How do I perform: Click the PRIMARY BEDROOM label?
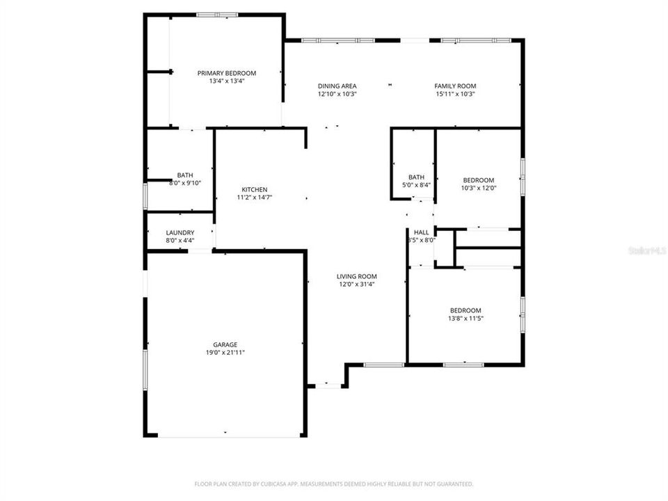[x=227, y=73]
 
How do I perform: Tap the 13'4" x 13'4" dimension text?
[x=227, y=81]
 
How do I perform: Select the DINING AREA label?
[x=337, y=86]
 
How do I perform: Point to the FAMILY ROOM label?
[x=456, y=86]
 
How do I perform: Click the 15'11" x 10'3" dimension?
[x=456, y=94]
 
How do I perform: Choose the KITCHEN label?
[x=254, y=190]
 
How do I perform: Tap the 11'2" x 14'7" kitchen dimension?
[x=254, y=198]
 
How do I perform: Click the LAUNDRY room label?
[x=180, y=232]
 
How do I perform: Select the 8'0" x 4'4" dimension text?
[x=180, y=241]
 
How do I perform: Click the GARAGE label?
[x=225, y=344]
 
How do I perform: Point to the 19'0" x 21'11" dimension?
[x=225, y=353]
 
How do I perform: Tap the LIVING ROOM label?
[x=357, y=276]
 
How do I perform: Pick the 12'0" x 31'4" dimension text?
[x=357, y=285]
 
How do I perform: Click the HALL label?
[x=422, y=232]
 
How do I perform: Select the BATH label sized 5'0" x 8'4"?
[x=416, y=177]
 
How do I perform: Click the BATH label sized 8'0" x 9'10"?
[x=185, y=175]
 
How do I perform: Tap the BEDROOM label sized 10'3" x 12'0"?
[x=479, y=180]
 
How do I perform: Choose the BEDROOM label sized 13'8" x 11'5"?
[x=465, y=310]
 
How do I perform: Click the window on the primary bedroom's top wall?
[x=217, y=14]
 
